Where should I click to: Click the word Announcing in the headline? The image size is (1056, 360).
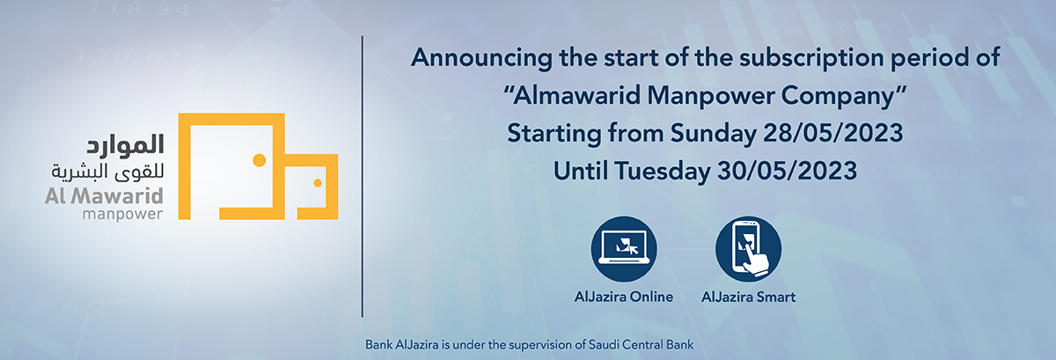[481, 58]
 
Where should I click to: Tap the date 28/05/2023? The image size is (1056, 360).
[833, 133]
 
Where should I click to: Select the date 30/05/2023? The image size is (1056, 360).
[787, 171]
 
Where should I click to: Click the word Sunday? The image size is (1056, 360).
[713, 134]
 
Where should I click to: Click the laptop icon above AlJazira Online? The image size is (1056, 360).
[624, 249]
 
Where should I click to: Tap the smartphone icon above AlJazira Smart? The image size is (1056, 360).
[748, 249]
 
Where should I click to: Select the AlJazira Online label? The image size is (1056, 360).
[624, 297]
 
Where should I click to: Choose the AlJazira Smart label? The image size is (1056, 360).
[748, 297]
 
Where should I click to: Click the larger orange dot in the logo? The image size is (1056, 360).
[260, 160]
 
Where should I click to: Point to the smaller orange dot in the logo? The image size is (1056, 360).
[318, 182]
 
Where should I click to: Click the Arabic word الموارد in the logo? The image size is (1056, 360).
[125, 145]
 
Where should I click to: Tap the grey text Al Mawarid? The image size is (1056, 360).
[104, 196]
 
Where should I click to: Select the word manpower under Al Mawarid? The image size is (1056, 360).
[122, 215]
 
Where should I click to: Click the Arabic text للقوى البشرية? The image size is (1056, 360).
[107, 172]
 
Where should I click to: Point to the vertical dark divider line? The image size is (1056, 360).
[362, 176]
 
